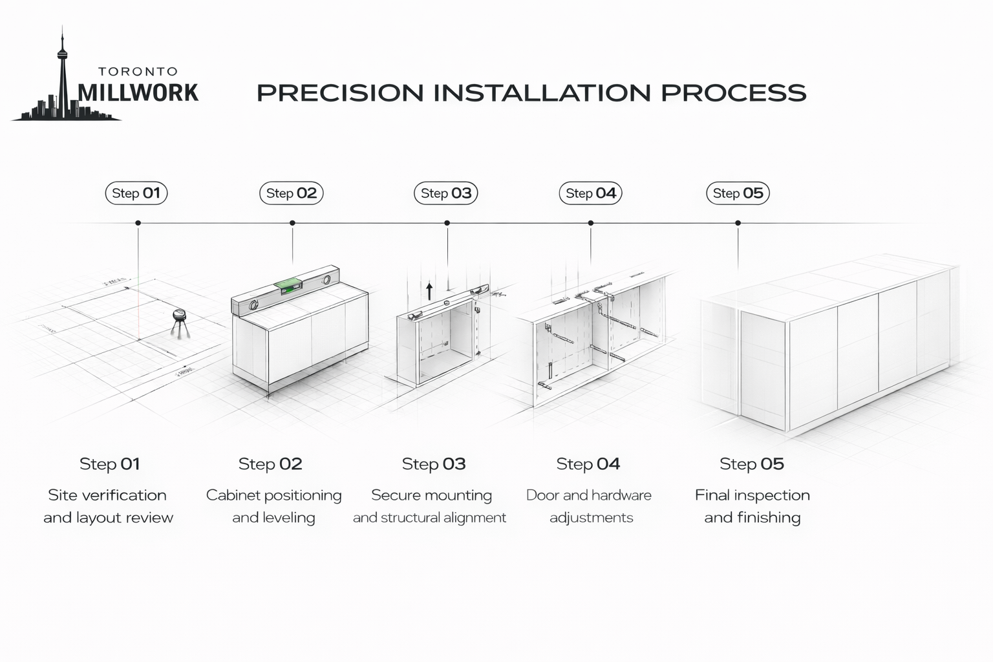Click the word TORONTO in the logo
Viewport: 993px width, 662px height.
[138, 72]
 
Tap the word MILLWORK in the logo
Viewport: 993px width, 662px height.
[138, 92]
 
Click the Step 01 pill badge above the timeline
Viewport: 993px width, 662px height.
[136, 193]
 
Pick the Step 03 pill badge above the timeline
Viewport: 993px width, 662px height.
[445, 193]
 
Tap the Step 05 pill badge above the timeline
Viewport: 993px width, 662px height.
[738, 193]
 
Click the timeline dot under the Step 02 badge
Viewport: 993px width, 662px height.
[292, 223]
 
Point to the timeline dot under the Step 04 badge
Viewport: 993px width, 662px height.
[590, 223]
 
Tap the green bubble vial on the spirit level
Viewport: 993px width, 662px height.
[288, 283]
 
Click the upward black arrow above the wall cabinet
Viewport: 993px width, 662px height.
[429, 290]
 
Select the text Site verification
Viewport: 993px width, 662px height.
[107, 495]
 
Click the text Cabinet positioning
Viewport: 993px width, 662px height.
[273, 495]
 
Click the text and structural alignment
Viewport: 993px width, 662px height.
[429, 518]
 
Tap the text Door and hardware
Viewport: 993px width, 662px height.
[588, 495]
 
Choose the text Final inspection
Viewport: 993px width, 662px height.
[752, 495]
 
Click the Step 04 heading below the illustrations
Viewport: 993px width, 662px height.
[588, 464]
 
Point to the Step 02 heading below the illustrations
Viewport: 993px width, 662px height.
[270, 464]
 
